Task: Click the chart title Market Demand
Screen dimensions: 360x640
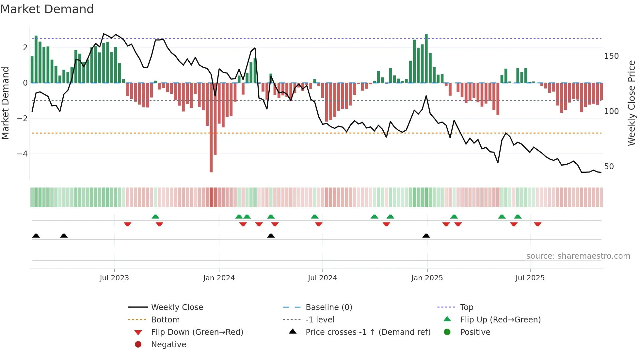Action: pyautogui.click(x=47, y=9)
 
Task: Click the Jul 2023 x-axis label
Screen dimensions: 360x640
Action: pyautogui.click(x=114, y=278)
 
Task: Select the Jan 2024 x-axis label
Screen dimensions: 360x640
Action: pyautogui.click(x=219, y=278)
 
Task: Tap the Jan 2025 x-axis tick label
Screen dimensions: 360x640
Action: pyautogui.click(x=427, y=278)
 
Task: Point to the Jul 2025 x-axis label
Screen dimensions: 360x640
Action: pyautogui.click(x=530, y=278)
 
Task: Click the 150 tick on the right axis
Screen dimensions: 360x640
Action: pyautogui.click(x=611, y=56)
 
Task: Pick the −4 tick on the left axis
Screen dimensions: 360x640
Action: pyautogui.click(x=22, y=154)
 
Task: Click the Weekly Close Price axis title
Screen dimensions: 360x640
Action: pyautogui.click(x=632, y=103)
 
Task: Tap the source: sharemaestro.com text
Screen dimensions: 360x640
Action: pyautogui.click(x=578, y=256)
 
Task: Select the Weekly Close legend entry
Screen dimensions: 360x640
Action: pyautogui.click(x=177, y=307)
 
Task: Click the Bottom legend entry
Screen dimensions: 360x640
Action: pyautogui.click(x=165, y=320)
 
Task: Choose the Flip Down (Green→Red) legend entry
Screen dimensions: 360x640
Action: pyautogui.click(x=197, y=332)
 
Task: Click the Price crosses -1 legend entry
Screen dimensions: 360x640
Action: pyautogui.click(x=368, y=332)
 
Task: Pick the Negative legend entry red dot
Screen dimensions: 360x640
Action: pyautogui.click(x=138, y=345)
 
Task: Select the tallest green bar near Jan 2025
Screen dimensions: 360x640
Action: pyautogui.click(x=426, y=59)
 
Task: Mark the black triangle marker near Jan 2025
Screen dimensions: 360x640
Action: pyautogui.click(x=426, y=236)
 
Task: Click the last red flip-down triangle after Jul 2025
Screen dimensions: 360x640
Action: pyautogui.click(x=538, y=224)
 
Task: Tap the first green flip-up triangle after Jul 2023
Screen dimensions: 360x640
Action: pyautogui.click(x=155, y=217)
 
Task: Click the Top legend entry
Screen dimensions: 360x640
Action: pyautogui.click(x=466, y=307)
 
